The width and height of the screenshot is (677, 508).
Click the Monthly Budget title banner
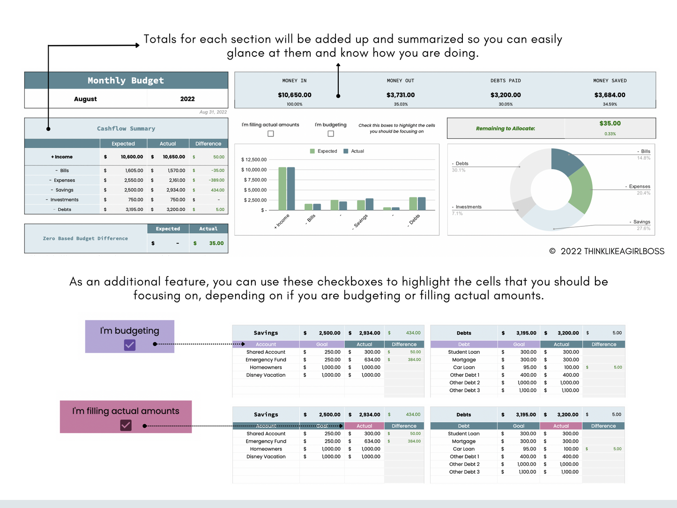tap(126, 81)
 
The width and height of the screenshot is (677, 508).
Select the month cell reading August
tap(85, 99)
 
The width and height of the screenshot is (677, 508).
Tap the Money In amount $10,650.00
tap(294, 95)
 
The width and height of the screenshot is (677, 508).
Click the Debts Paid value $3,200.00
tap(506, 95)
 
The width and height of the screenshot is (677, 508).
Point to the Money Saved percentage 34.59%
tap(610, 104)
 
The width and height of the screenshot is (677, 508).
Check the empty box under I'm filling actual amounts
tap(270, 134)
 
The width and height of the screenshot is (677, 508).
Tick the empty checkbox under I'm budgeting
tap(331, 134)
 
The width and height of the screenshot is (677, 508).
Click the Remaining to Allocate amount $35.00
tap(610, 123)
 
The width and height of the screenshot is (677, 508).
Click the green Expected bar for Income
tap(282, 188)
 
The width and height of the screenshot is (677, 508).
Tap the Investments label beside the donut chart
tap(468, 207)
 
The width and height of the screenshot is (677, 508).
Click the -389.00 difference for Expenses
tap(216, 180)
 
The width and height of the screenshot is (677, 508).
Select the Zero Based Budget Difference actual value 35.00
tap(216, 243)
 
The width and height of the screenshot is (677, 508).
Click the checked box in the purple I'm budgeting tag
tap(130, 345)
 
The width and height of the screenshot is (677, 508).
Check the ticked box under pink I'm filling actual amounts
tap(126, 425)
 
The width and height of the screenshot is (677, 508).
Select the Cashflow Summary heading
tap(126, 128)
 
